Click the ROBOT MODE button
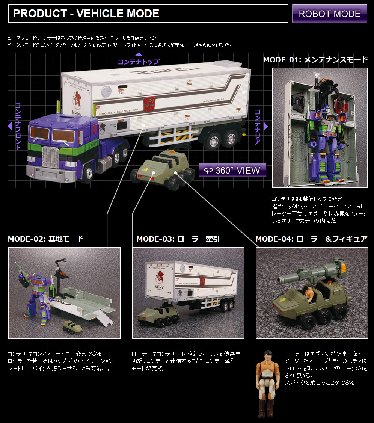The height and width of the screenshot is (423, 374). (x=329, y=14)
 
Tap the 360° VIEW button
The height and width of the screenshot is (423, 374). (x=232, y=170)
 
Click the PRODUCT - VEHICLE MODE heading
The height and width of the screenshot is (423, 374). (x=86, y=14)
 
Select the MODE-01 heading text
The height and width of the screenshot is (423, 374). (x=315, y=60)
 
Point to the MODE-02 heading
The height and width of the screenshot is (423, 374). (x=46, y=239)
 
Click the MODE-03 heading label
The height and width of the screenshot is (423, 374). (x=178, y=239)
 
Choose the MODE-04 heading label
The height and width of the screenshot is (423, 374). (x=312, y=239)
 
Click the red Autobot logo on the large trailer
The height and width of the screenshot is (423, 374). (x=149, y=104)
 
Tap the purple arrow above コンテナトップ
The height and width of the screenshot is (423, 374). (x=139, y=54)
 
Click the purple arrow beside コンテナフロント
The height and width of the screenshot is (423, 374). (x=10, y=126)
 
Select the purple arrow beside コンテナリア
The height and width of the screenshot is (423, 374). (x=265, y=126)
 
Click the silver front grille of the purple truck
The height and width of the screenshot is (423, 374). (x=50, y=157)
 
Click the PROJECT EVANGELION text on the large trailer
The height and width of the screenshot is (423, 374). (x=119, y=112)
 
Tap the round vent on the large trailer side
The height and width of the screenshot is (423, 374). (x=106, y=92)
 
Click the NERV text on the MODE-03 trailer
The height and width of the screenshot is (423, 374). (x=159, y=287)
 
